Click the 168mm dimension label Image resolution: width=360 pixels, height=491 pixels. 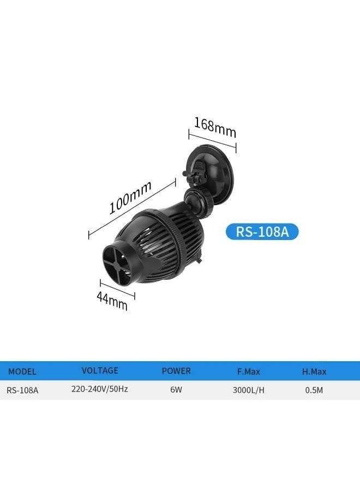click(x=215, y=128)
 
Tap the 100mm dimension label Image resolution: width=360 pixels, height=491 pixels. click(x=130, y=197)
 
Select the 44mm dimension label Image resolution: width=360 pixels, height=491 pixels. click(x=112, y=301)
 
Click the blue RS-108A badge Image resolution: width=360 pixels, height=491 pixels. click(x=262, y=232)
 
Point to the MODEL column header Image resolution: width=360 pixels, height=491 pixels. click(x=22, y=372)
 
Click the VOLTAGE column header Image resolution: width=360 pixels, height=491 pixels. click(x=100, y=371)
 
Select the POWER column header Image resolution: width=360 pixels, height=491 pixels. click(x=176, y=371)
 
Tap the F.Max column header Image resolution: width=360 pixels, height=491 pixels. click(x=249, y=372)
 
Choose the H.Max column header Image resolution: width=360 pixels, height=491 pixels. click(x=314, y=372)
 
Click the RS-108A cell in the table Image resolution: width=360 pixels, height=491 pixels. click(x=22, y=390)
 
